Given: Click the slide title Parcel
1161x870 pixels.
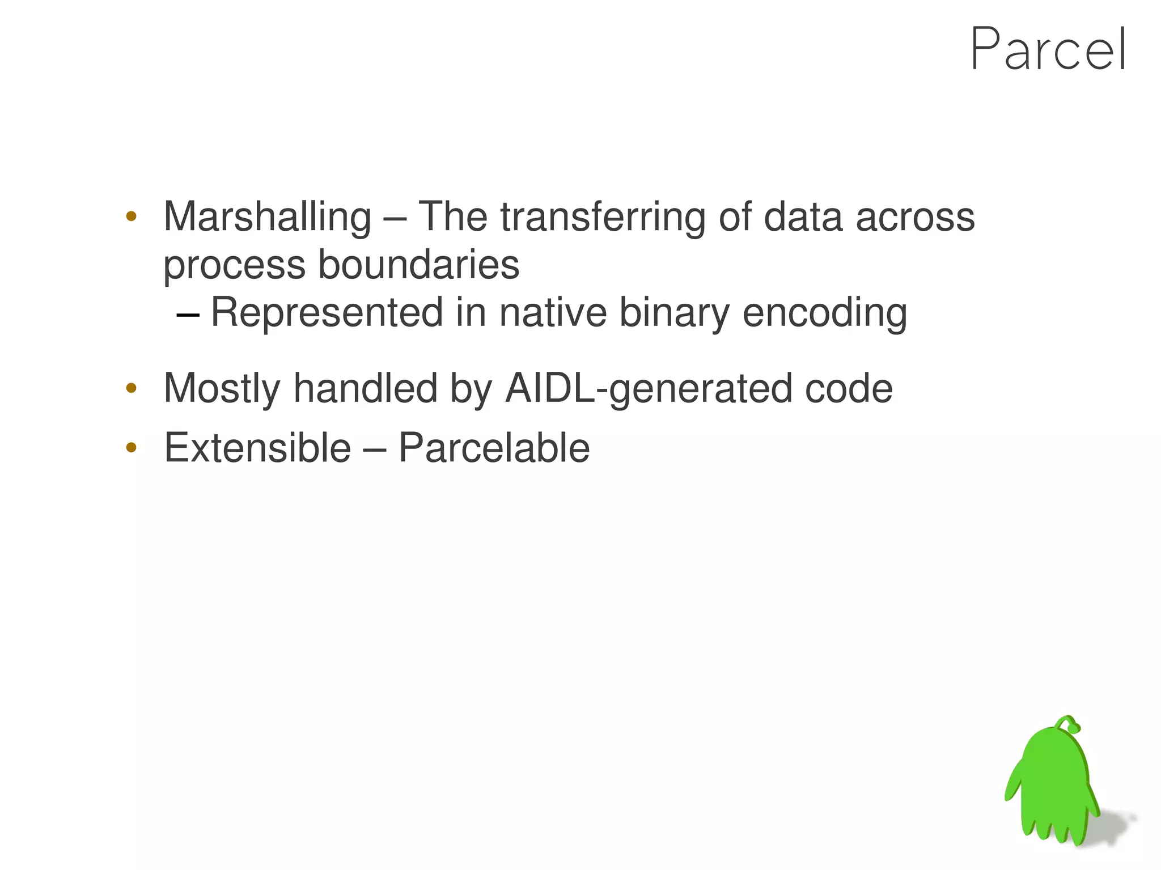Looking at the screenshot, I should coord(1048,50).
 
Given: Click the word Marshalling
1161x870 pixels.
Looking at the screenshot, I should coord(267,217).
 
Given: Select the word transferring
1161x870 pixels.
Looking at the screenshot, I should coord(603,217).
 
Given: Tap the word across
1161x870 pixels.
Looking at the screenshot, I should coord(914,217).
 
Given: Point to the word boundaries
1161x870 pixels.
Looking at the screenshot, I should coord(418,265).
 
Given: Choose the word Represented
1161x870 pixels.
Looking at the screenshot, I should coord(327,312).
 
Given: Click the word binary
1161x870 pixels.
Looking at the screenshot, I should coord(673,313).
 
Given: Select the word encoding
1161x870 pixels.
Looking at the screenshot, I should coord(824,313).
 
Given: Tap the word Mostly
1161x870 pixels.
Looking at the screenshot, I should coord(222,389).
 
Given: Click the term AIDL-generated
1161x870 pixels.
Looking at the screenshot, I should coord(647,389).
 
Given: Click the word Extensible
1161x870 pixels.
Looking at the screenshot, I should coord(257,448).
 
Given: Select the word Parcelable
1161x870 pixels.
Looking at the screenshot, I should coord(494,448).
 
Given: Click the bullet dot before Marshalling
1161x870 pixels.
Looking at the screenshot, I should coord(132,216).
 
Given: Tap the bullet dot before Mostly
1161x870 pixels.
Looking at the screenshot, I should coord(132,388).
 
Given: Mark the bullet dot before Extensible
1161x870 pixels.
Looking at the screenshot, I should coord(132,448).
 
